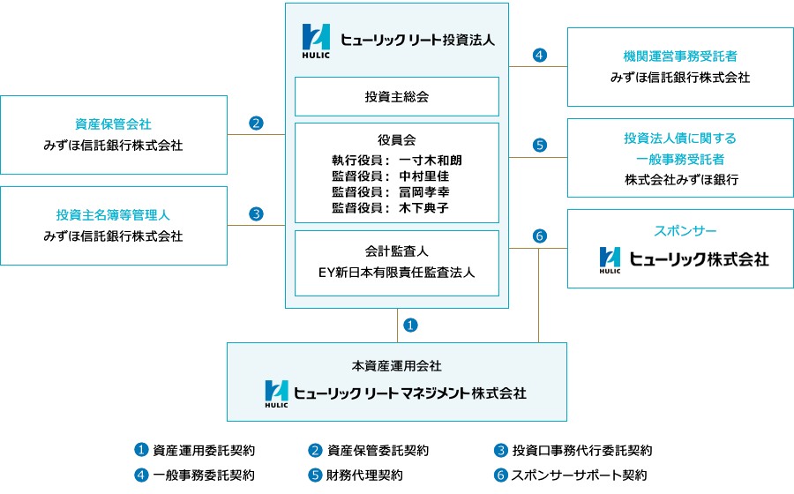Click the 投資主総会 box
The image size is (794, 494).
(396, 97)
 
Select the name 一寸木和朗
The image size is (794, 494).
(430, 161)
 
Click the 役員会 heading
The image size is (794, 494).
(396, 140)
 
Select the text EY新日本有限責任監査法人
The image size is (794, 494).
(396, 272)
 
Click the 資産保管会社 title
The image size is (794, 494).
(113, 124)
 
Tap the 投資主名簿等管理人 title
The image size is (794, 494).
(113, 215)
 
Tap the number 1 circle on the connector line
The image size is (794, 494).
(410, 325)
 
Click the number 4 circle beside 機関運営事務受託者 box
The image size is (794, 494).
(540, 56)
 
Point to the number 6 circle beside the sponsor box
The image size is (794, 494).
(540, 236)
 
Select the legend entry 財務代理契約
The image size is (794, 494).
(364, 475)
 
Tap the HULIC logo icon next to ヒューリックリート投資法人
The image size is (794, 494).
(315, 39)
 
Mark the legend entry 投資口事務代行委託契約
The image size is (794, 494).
(581, 451)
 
